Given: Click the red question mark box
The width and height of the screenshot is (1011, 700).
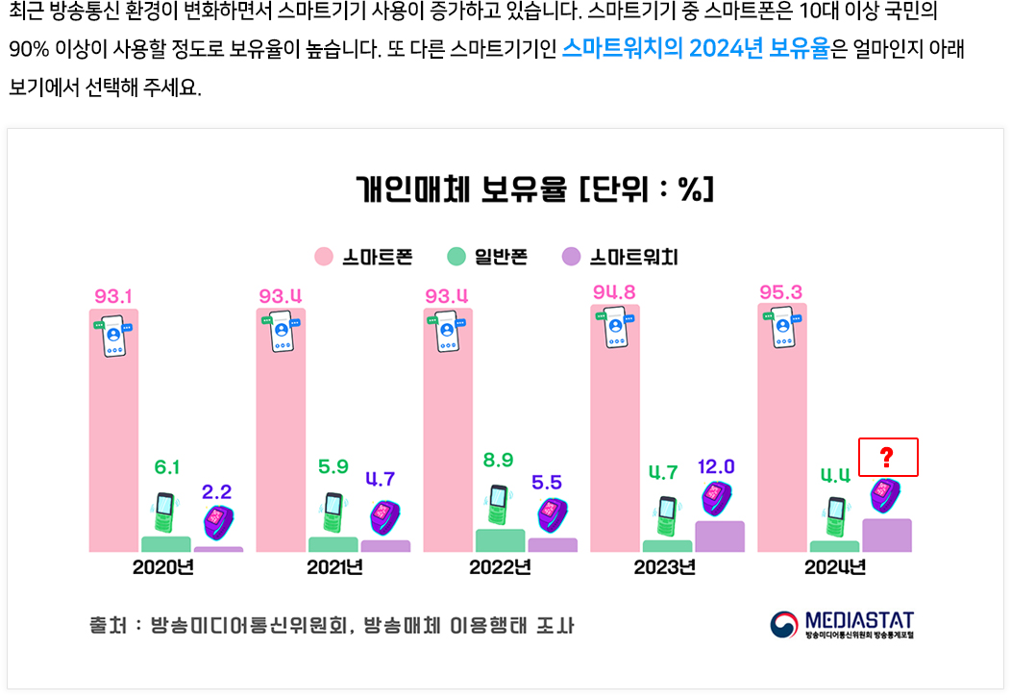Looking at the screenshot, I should (888, 458).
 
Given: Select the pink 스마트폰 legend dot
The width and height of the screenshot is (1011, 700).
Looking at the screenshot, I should (324, 257).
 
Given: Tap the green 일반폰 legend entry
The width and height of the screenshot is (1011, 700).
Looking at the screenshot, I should (488, 257).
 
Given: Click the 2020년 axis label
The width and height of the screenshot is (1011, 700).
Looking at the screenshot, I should (163, 567).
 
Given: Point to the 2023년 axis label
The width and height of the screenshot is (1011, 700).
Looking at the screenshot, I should (664, 567).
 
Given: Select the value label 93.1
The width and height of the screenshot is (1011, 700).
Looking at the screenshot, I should (113, 294).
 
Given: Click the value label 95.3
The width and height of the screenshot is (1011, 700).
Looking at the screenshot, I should (780, 291).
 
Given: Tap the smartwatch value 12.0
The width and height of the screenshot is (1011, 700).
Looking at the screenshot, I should (715, 466).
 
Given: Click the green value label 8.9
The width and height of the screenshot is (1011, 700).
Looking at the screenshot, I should (498, 461).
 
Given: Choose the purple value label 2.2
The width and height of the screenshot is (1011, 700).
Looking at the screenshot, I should (217, 491).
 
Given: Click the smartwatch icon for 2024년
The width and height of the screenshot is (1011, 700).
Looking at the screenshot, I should (885, 495).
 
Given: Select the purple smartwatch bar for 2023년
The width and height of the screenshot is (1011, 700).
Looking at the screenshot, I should (720, 537).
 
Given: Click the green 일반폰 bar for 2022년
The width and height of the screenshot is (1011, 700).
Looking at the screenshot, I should (500, 540).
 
